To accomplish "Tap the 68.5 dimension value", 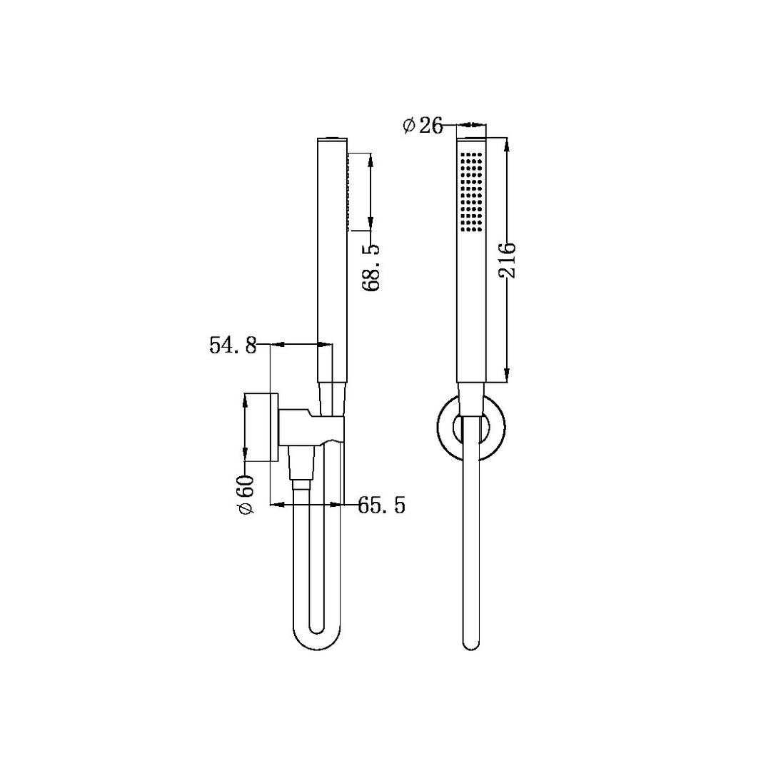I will coord(371,267).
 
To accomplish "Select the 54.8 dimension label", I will coord(233,346).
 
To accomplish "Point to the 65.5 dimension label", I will coord(381,506).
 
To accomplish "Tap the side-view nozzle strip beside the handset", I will coord(348,192).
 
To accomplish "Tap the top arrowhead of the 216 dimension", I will coord(507,143).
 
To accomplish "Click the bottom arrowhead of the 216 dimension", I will coord(507,374).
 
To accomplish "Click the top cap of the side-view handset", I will coord(329,138).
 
